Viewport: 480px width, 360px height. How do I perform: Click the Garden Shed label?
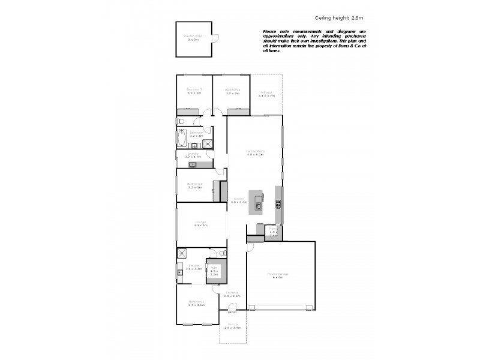[193, 38]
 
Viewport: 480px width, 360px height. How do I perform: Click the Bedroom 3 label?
[194, 91]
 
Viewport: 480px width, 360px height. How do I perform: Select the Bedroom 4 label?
[232, 91]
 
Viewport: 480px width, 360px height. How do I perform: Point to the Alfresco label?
[266, 94]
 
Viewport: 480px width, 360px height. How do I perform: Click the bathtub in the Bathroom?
[181, 139]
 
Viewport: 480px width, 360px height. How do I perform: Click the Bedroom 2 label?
[194, 185]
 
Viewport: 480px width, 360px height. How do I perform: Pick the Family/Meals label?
[255, 152]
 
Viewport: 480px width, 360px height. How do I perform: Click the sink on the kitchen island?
[258, 206]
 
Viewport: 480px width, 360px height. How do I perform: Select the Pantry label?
[273, 232]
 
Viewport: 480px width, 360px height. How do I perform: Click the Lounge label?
[200, 224]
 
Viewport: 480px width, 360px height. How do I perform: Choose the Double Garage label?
[280, 275]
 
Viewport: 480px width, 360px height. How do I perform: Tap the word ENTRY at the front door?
[232, 313]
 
